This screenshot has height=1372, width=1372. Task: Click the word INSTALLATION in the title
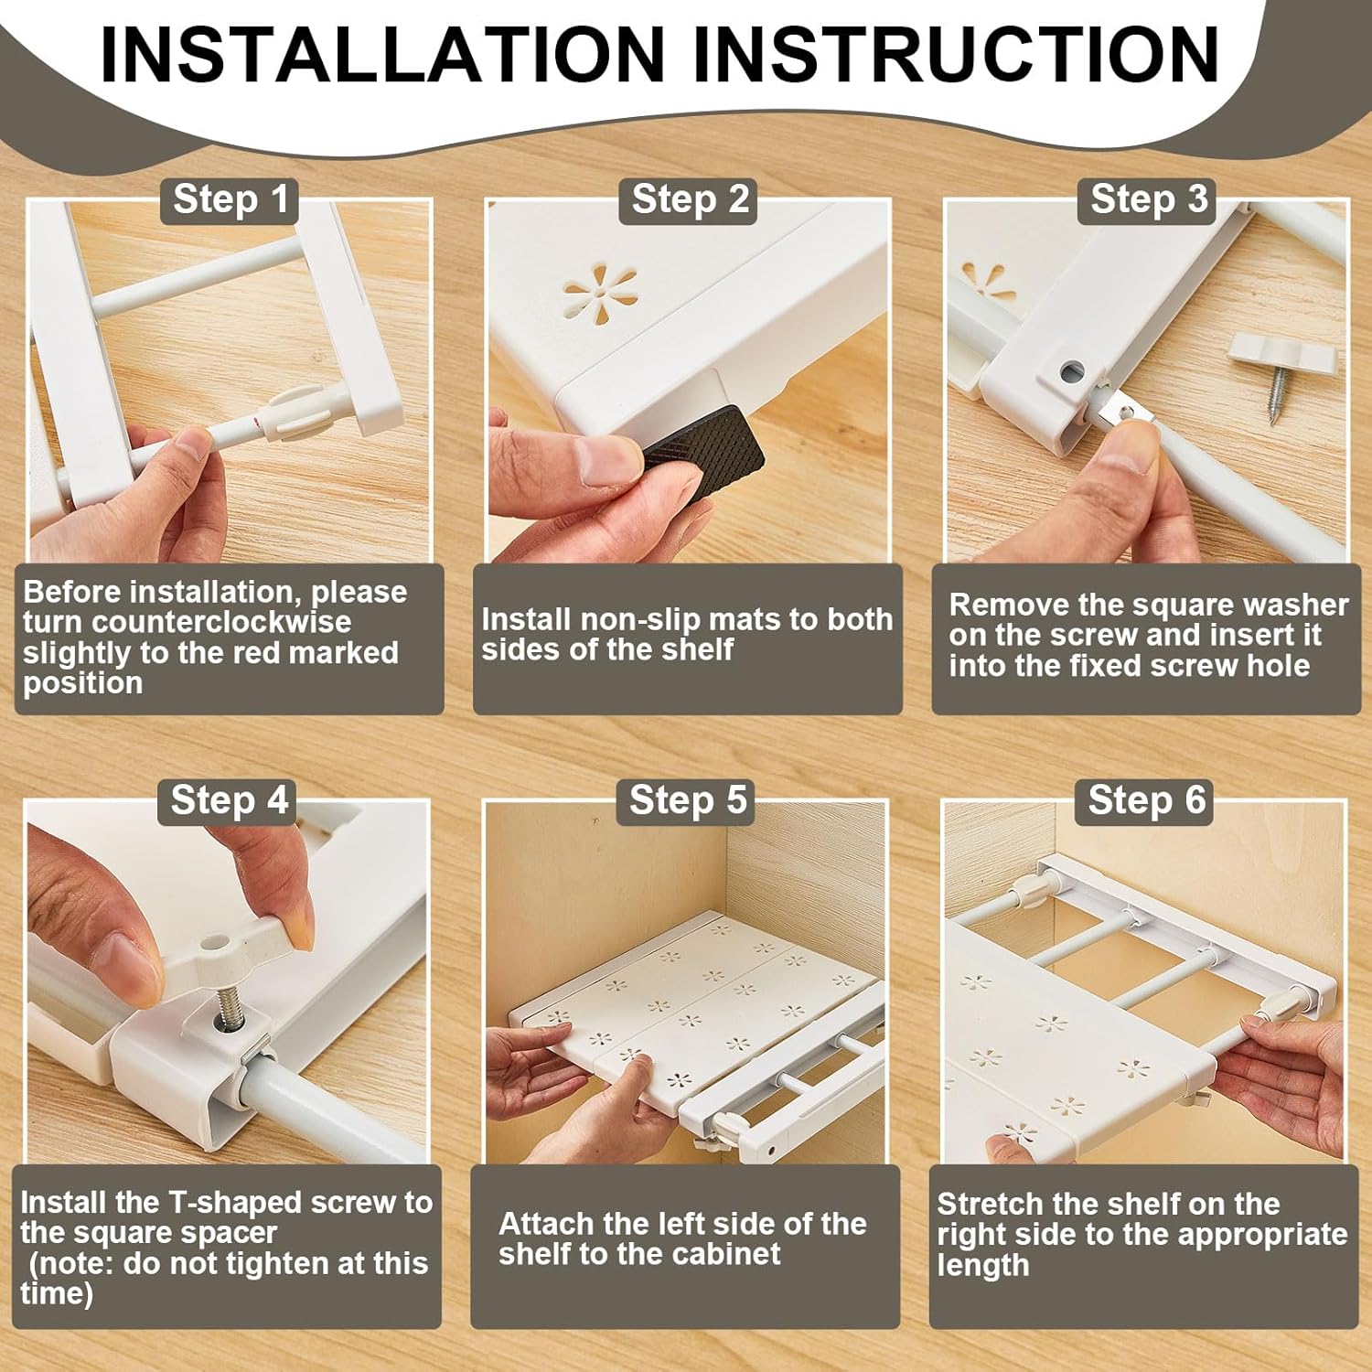tap(382, 54)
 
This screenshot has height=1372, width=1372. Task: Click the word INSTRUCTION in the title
tap(957, 54)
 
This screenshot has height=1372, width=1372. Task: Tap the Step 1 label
tap(230, 199)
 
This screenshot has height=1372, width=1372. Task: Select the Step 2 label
tap(691, 199)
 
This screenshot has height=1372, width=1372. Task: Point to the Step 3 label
tap(1149, 199)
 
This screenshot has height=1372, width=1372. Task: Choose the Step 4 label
tap(229, 800)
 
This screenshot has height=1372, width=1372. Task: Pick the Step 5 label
tap(688, 800)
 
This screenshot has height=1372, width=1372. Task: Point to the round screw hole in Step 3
tap(1073, 371)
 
